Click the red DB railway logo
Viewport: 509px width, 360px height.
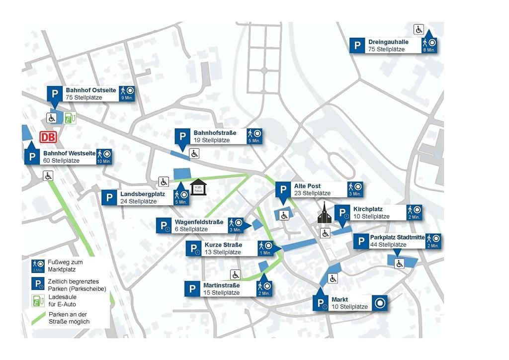pyautogui.click(x=48, y=137)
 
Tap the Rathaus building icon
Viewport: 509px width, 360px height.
pyautogui.click(x=198, y=187)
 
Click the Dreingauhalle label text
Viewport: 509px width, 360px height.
pyautogui.click(x=388, y=42)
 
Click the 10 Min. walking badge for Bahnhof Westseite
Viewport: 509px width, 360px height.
pyautogui.click(x=104, y=157)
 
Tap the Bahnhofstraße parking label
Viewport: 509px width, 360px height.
pyautogui.click(x=215, y=133)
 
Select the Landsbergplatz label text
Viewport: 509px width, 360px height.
pyautogui.click(x=139, y=194)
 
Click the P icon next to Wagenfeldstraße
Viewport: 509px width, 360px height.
pyautogui.click(x=164, y=226)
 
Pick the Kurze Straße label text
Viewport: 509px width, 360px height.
pyautogui.click(x=223, y=245)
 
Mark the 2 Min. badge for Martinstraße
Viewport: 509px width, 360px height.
pyautogui.click(x=265, y=288)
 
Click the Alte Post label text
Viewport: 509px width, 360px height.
pyautogui.click(x=307, y=186)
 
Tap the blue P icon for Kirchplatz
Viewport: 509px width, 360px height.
pyautogui.click(x=343, y=213)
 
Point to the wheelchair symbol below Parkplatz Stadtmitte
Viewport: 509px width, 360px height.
pyautogui.click(x=399, y=264)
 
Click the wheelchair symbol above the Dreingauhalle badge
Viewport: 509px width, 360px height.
pyautogui.click(x=419, y=30)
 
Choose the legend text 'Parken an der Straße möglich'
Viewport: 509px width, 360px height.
pyautogui.click(x=69, y=318)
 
